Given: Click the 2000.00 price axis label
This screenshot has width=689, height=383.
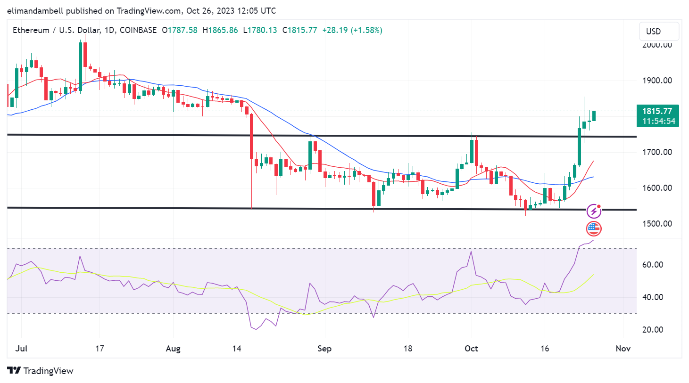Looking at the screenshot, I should [x=657, y=45].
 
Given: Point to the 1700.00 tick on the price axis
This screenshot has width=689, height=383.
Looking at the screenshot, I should [x=657, y=152].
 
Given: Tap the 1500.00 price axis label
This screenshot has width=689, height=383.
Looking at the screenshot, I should [x=657, y=224].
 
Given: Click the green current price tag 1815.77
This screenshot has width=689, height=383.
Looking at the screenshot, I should [x=657, y=111].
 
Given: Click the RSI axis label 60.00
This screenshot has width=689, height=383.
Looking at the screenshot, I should [x=653, y=265].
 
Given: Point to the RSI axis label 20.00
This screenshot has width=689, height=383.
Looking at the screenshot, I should [x=653, y=330].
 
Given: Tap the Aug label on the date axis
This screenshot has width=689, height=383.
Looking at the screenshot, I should [x=173, y=349].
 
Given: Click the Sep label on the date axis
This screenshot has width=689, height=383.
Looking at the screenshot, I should [x=324, y=349].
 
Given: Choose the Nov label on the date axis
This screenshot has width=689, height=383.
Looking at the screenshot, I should [x=623, y=349].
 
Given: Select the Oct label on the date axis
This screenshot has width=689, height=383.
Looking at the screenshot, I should [x=471, y=349].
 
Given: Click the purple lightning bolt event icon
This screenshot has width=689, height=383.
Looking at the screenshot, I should [x=594, y=211].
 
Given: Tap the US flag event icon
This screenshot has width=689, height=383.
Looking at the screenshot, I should [x=594, y=229].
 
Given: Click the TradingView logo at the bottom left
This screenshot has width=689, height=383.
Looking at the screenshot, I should [x=41, y=371].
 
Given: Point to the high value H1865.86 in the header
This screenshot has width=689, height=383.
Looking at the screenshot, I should [x=220, y=30].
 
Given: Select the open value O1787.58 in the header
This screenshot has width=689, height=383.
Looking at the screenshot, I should [x=180, y=30].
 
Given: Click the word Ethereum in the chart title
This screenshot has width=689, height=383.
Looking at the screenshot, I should [x=31, y=30].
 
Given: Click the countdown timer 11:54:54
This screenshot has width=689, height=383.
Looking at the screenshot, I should [x=658, y=121].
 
